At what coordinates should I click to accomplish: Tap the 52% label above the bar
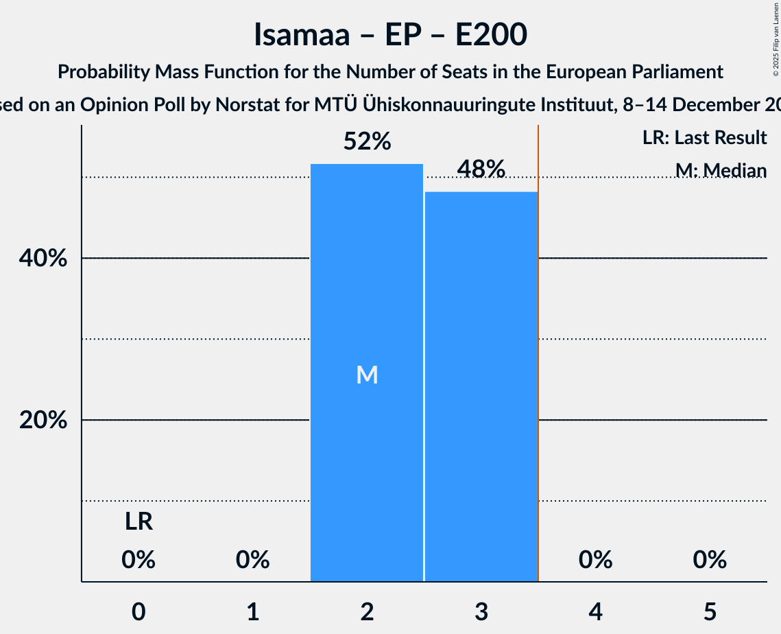click(367, 142)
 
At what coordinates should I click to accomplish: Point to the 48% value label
click(481, 169)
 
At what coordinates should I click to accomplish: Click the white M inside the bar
click(367, 375)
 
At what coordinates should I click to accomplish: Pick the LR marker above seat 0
click(139, 522)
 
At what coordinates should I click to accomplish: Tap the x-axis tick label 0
click(139, 611)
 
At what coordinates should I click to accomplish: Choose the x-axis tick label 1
click(253, 611)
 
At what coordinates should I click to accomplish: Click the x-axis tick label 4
click(595, 611)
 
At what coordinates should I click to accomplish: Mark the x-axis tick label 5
click(709, 611)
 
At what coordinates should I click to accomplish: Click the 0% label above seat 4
click(595, 560)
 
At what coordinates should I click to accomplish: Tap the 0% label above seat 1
click(253, 560)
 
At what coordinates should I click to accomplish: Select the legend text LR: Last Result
click(704, 138)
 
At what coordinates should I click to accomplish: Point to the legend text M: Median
click(720, 171)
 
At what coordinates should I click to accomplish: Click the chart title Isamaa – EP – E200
click(390, 34)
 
